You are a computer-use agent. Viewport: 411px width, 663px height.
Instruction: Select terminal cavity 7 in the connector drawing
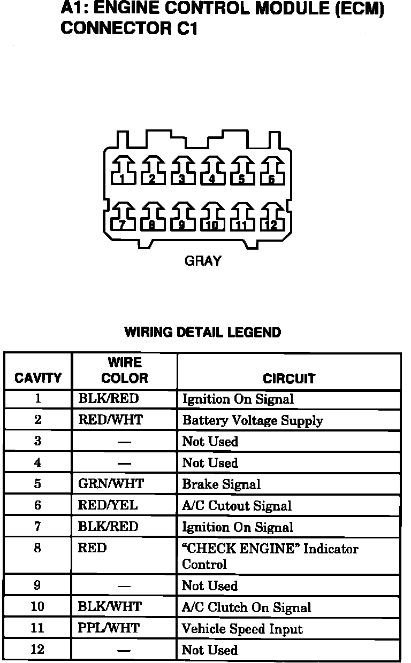[123, 219]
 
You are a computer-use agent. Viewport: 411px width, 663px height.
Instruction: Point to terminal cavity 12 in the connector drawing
[271, 219]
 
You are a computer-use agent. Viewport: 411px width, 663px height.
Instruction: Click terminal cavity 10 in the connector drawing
[212, 219]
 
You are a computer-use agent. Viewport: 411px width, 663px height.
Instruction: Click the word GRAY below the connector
[202, 261]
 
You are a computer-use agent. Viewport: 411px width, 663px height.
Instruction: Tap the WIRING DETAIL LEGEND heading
[202, 333]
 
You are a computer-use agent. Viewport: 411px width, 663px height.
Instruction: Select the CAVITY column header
[38, 379]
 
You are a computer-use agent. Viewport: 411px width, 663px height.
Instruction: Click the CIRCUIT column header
[289, 379]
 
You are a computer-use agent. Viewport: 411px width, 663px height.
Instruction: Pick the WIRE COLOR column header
[124, 371]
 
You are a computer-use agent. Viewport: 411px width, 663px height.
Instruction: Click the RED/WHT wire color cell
[111, 420]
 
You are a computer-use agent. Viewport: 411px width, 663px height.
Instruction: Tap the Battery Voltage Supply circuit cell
[253, 421]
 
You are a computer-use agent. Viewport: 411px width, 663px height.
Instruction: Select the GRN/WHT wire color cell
[111, 484]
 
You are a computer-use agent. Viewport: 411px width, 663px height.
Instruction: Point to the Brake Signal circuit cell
[222, 484]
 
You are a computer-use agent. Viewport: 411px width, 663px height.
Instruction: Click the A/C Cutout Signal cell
[237, 506]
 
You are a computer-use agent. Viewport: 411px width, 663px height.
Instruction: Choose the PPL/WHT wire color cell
[109, 628]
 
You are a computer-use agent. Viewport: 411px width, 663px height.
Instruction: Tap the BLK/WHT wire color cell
[110, 607]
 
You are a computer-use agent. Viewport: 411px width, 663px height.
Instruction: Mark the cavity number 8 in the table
[37, 549]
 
